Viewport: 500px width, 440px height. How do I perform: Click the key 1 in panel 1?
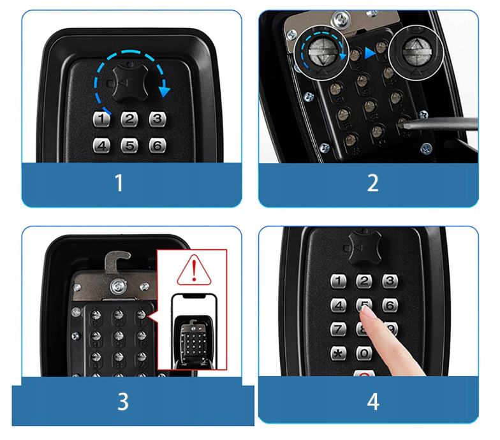tap(101, 120)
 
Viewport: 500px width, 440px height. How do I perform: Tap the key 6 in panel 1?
tap(157, 145)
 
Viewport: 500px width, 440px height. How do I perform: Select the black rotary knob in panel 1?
tap(130, 83)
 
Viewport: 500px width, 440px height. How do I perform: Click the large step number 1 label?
tap(119, 182)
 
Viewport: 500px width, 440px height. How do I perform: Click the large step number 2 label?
tap(372, 182)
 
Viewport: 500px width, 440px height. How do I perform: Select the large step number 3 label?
tap(122, 402)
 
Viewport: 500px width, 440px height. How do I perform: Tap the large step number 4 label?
tap(373, 402)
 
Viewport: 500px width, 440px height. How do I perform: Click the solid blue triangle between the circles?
tap(370, 53)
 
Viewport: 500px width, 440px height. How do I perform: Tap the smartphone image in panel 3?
tap(194, 332)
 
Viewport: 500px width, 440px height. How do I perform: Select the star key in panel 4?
tap(339, 353)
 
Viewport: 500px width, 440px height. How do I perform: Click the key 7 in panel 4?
tap(339, 329)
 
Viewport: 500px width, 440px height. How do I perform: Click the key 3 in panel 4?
tap(390, 281)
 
